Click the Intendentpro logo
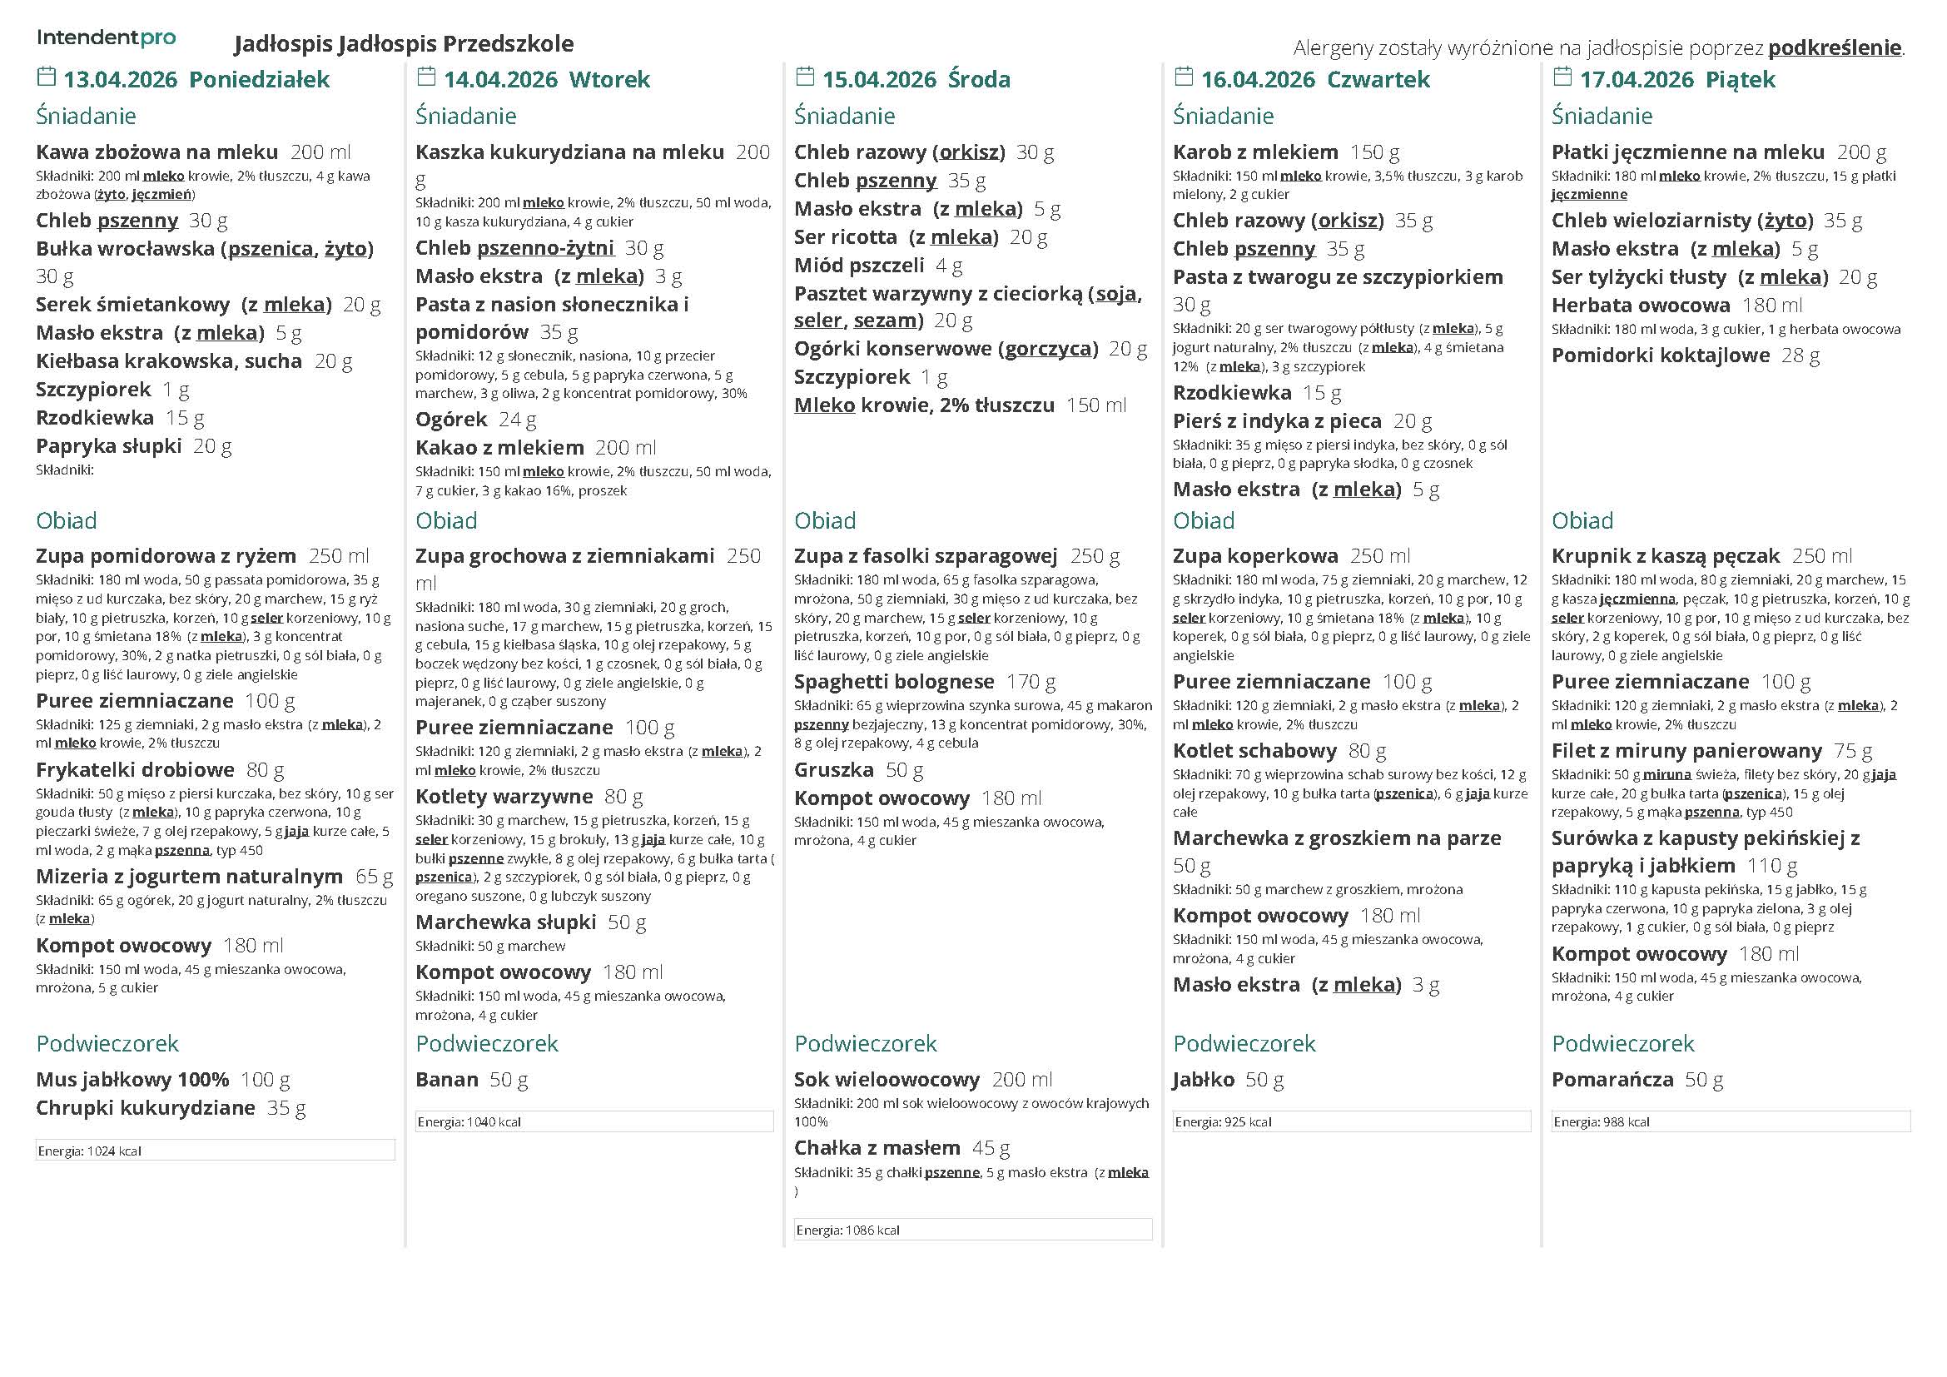[x=106, y=38]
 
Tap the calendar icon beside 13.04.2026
[x=46, y=77]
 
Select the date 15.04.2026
[x=878, y=80]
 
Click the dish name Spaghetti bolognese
[x=894, y=682]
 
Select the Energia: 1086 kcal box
[x=971, y=1230]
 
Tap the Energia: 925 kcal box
[x=1351, y=1121]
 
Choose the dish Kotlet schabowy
[x=1254, y=751]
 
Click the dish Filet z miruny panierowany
[x=1686, y=751]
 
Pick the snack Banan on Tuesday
[x=447, y=1080]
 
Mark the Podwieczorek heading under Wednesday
[x=865, y=1043]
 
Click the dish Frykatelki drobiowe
[x=135, y=770]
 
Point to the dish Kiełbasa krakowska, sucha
[x=169, y=361]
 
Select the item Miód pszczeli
[x=858, y=266]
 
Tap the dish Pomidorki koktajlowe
[x=1660, y=355]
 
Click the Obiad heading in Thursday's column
[x=1204, y=520]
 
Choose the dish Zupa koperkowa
[x=1255, y=556]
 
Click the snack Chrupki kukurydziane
[x=145, y=1108]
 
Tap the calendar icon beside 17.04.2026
[x=1561, y=77]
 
